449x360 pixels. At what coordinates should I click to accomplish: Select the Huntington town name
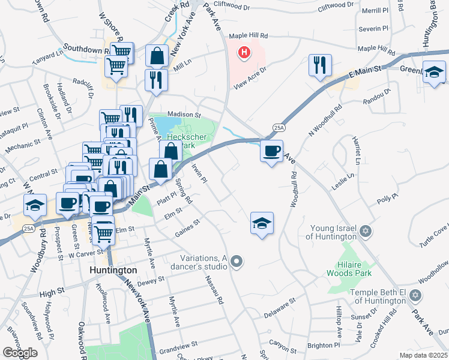pyautogui.click(x=113, y=271)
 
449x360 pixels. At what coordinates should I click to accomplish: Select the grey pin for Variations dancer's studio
pyautogui.click(x=237, y=260)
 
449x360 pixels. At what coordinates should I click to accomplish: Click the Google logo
pyautogui.click(x=20, y=353)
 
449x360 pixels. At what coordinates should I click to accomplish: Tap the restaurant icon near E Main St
pyautogui.click(x=320, y=65)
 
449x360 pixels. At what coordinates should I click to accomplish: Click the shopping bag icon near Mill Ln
pyautogui.click(x=157, y=55)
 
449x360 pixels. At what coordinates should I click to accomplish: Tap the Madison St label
pyautogui.click(x=183, y=113)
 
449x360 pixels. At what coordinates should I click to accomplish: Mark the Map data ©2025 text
pyautogui.click(x=423, y=355)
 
